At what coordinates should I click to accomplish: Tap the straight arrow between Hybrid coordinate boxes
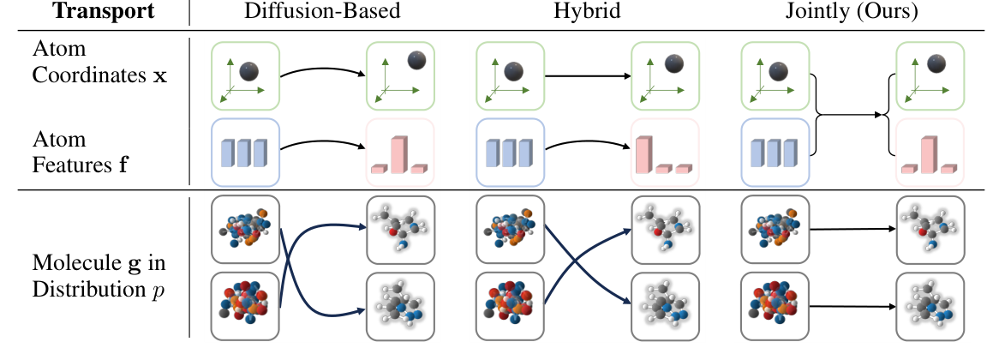(x=588, y=77)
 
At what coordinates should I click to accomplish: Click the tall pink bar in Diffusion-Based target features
(x=398, y=153)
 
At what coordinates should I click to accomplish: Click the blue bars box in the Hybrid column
(x=511, y=153)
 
